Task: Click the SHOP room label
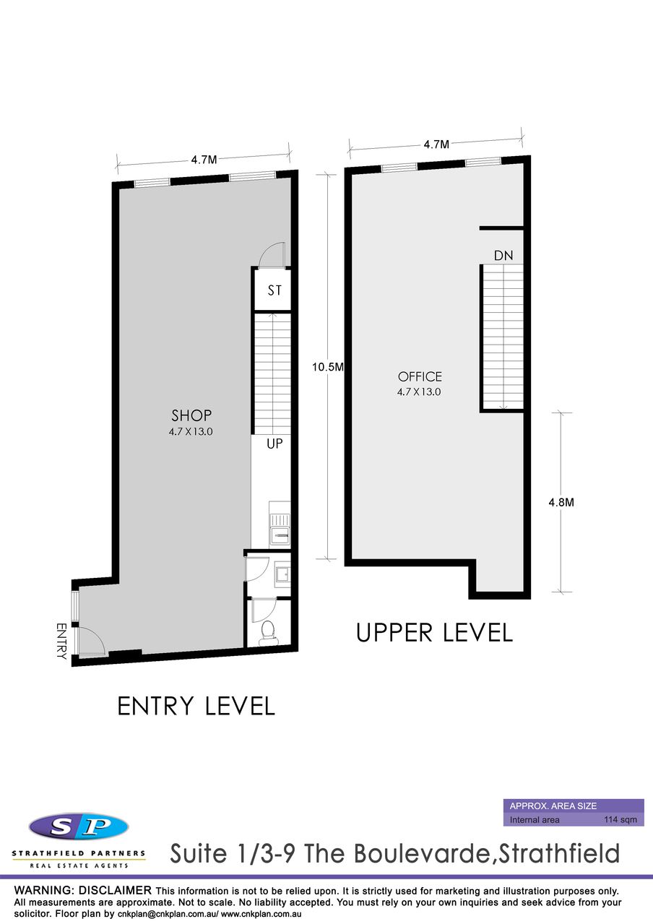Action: (191, 415)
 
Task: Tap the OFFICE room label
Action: (420, 376)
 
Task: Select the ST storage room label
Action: (274, 290)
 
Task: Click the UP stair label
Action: (274, 444)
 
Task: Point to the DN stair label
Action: (503, 256)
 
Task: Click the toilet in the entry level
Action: (269, 634)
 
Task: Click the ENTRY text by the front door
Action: (61, 641)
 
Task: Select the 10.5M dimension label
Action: (327, 367)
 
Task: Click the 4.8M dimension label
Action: (561, 502)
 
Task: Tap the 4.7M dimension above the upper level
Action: (436, 144)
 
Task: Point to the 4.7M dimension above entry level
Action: (204, 160)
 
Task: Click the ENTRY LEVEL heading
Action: (196, 707)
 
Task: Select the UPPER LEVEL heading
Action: (434, 633)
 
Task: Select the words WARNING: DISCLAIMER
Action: (83, 891)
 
